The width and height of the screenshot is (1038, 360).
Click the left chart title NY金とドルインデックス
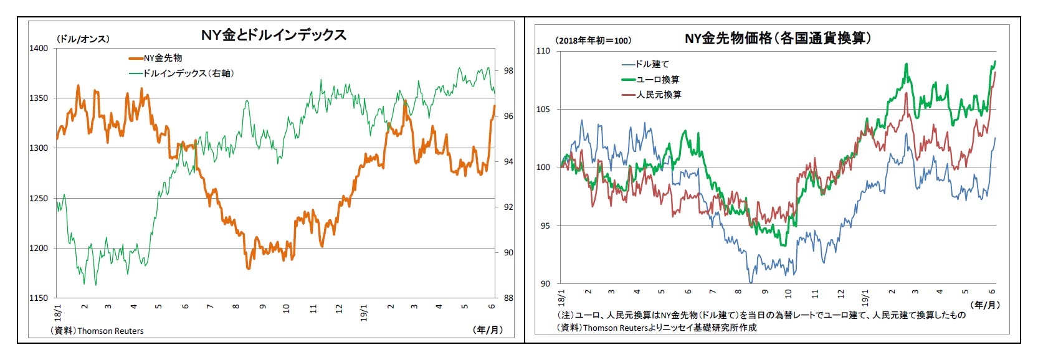tap(274, 35)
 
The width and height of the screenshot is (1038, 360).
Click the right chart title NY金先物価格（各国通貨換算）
tap(777, 39)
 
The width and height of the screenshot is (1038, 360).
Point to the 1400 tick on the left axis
tap(39, 49)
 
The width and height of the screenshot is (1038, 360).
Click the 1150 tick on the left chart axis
tap(39, 298)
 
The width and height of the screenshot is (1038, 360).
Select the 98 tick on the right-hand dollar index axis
tap(508, 71)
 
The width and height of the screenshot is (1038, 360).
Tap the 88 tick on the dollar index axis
tap(508, 298)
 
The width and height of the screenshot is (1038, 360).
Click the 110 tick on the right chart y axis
tap(543, 51)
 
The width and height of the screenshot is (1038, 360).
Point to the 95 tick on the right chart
tap(545, 226)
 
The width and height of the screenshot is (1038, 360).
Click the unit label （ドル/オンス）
tap(83, 39)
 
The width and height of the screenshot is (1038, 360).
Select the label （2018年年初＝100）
tap(593, 40)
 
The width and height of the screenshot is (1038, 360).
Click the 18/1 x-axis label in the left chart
tap(58, 311)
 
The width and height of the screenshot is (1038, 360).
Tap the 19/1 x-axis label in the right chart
tap(865, 296)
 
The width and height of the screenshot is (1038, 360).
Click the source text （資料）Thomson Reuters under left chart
tap(97, 331)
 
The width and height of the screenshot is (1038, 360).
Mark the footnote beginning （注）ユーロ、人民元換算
tap(760, 315)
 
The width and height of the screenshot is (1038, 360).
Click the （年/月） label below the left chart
tap(487, 329)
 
